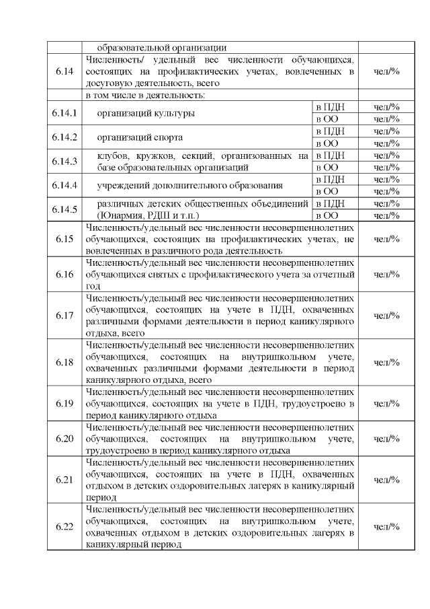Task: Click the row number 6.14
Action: tap(65, 71)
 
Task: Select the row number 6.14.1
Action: tap(65, 113)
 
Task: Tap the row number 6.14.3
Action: tap(65, 162)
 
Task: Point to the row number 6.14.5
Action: tap(65, 209)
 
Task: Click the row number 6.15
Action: tap(65, 239)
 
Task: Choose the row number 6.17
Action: tap(65, 316)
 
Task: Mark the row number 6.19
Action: tap(65, 404)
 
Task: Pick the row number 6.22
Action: tap(65, 526)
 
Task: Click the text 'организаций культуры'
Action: tap(146, 113)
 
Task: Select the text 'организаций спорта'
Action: tap(140, 137)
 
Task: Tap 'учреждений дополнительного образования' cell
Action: tap(189, 185)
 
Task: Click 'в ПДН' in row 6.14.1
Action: tap(330, 107)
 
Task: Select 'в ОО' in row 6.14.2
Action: tap(327, 143)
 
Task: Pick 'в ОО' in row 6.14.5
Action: tap(327, 215)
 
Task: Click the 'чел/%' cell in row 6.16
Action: tap(386, 275)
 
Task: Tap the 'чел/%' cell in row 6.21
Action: tap(386, 480)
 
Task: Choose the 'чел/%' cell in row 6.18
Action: tap(386, 363)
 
